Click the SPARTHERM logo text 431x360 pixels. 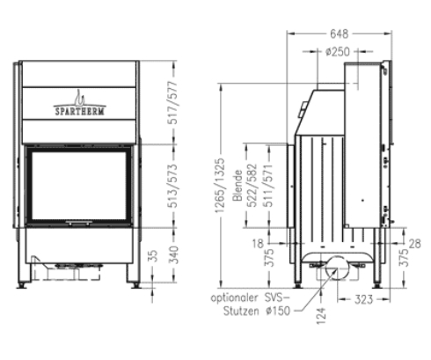click(x=79, y=111)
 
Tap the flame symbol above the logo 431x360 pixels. click(x=79, y=98)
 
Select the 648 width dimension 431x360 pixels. click(x=340, y=34)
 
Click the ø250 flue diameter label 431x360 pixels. click(x=338, y=52)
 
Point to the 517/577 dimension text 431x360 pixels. click(x=173, y=103)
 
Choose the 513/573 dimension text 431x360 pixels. click(x=173, y=186)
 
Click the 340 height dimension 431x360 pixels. click(x=173, y=255)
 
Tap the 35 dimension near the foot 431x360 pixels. click(x=153, y=255)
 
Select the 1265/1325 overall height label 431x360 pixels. click(x=220, y=186)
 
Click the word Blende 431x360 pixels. click(x=237, y=186)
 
